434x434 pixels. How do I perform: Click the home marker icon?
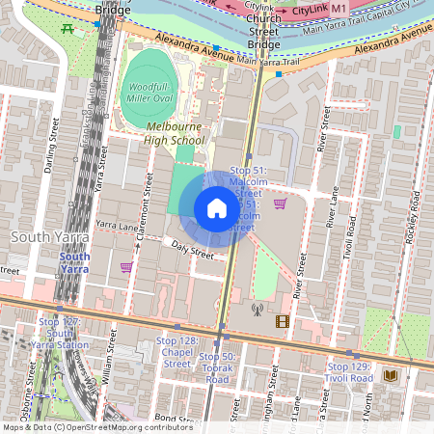point(217,208)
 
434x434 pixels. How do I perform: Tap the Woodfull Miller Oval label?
point(149,93)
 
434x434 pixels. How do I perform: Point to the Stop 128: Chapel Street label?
point(176,352)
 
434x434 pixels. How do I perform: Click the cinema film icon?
point(282,321)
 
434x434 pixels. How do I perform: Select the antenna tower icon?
point(257,311)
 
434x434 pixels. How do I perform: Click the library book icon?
point(390,374)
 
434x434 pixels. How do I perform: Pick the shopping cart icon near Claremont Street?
point(126,267)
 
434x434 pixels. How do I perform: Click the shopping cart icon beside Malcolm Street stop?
point(280,203)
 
